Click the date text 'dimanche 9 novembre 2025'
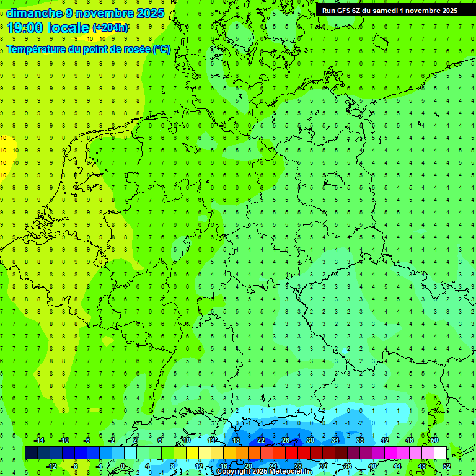pos(86,13)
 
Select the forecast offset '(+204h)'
pos(110,28)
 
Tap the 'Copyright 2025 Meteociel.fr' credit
pos(265,472)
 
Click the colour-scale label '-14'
pos(38,440)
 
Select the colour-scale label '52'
pos(447,466)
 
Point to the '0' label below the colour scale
pos(123,466)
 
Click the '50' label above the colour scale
pos(434,440)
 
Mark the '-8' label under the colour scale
pos(76,466)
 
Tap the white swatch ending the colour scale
pos(441,453)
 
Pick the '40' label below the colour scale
pos(372,466)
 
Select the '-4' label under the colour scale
pos(99,466)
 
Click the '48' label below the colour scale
pos(422,466)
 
